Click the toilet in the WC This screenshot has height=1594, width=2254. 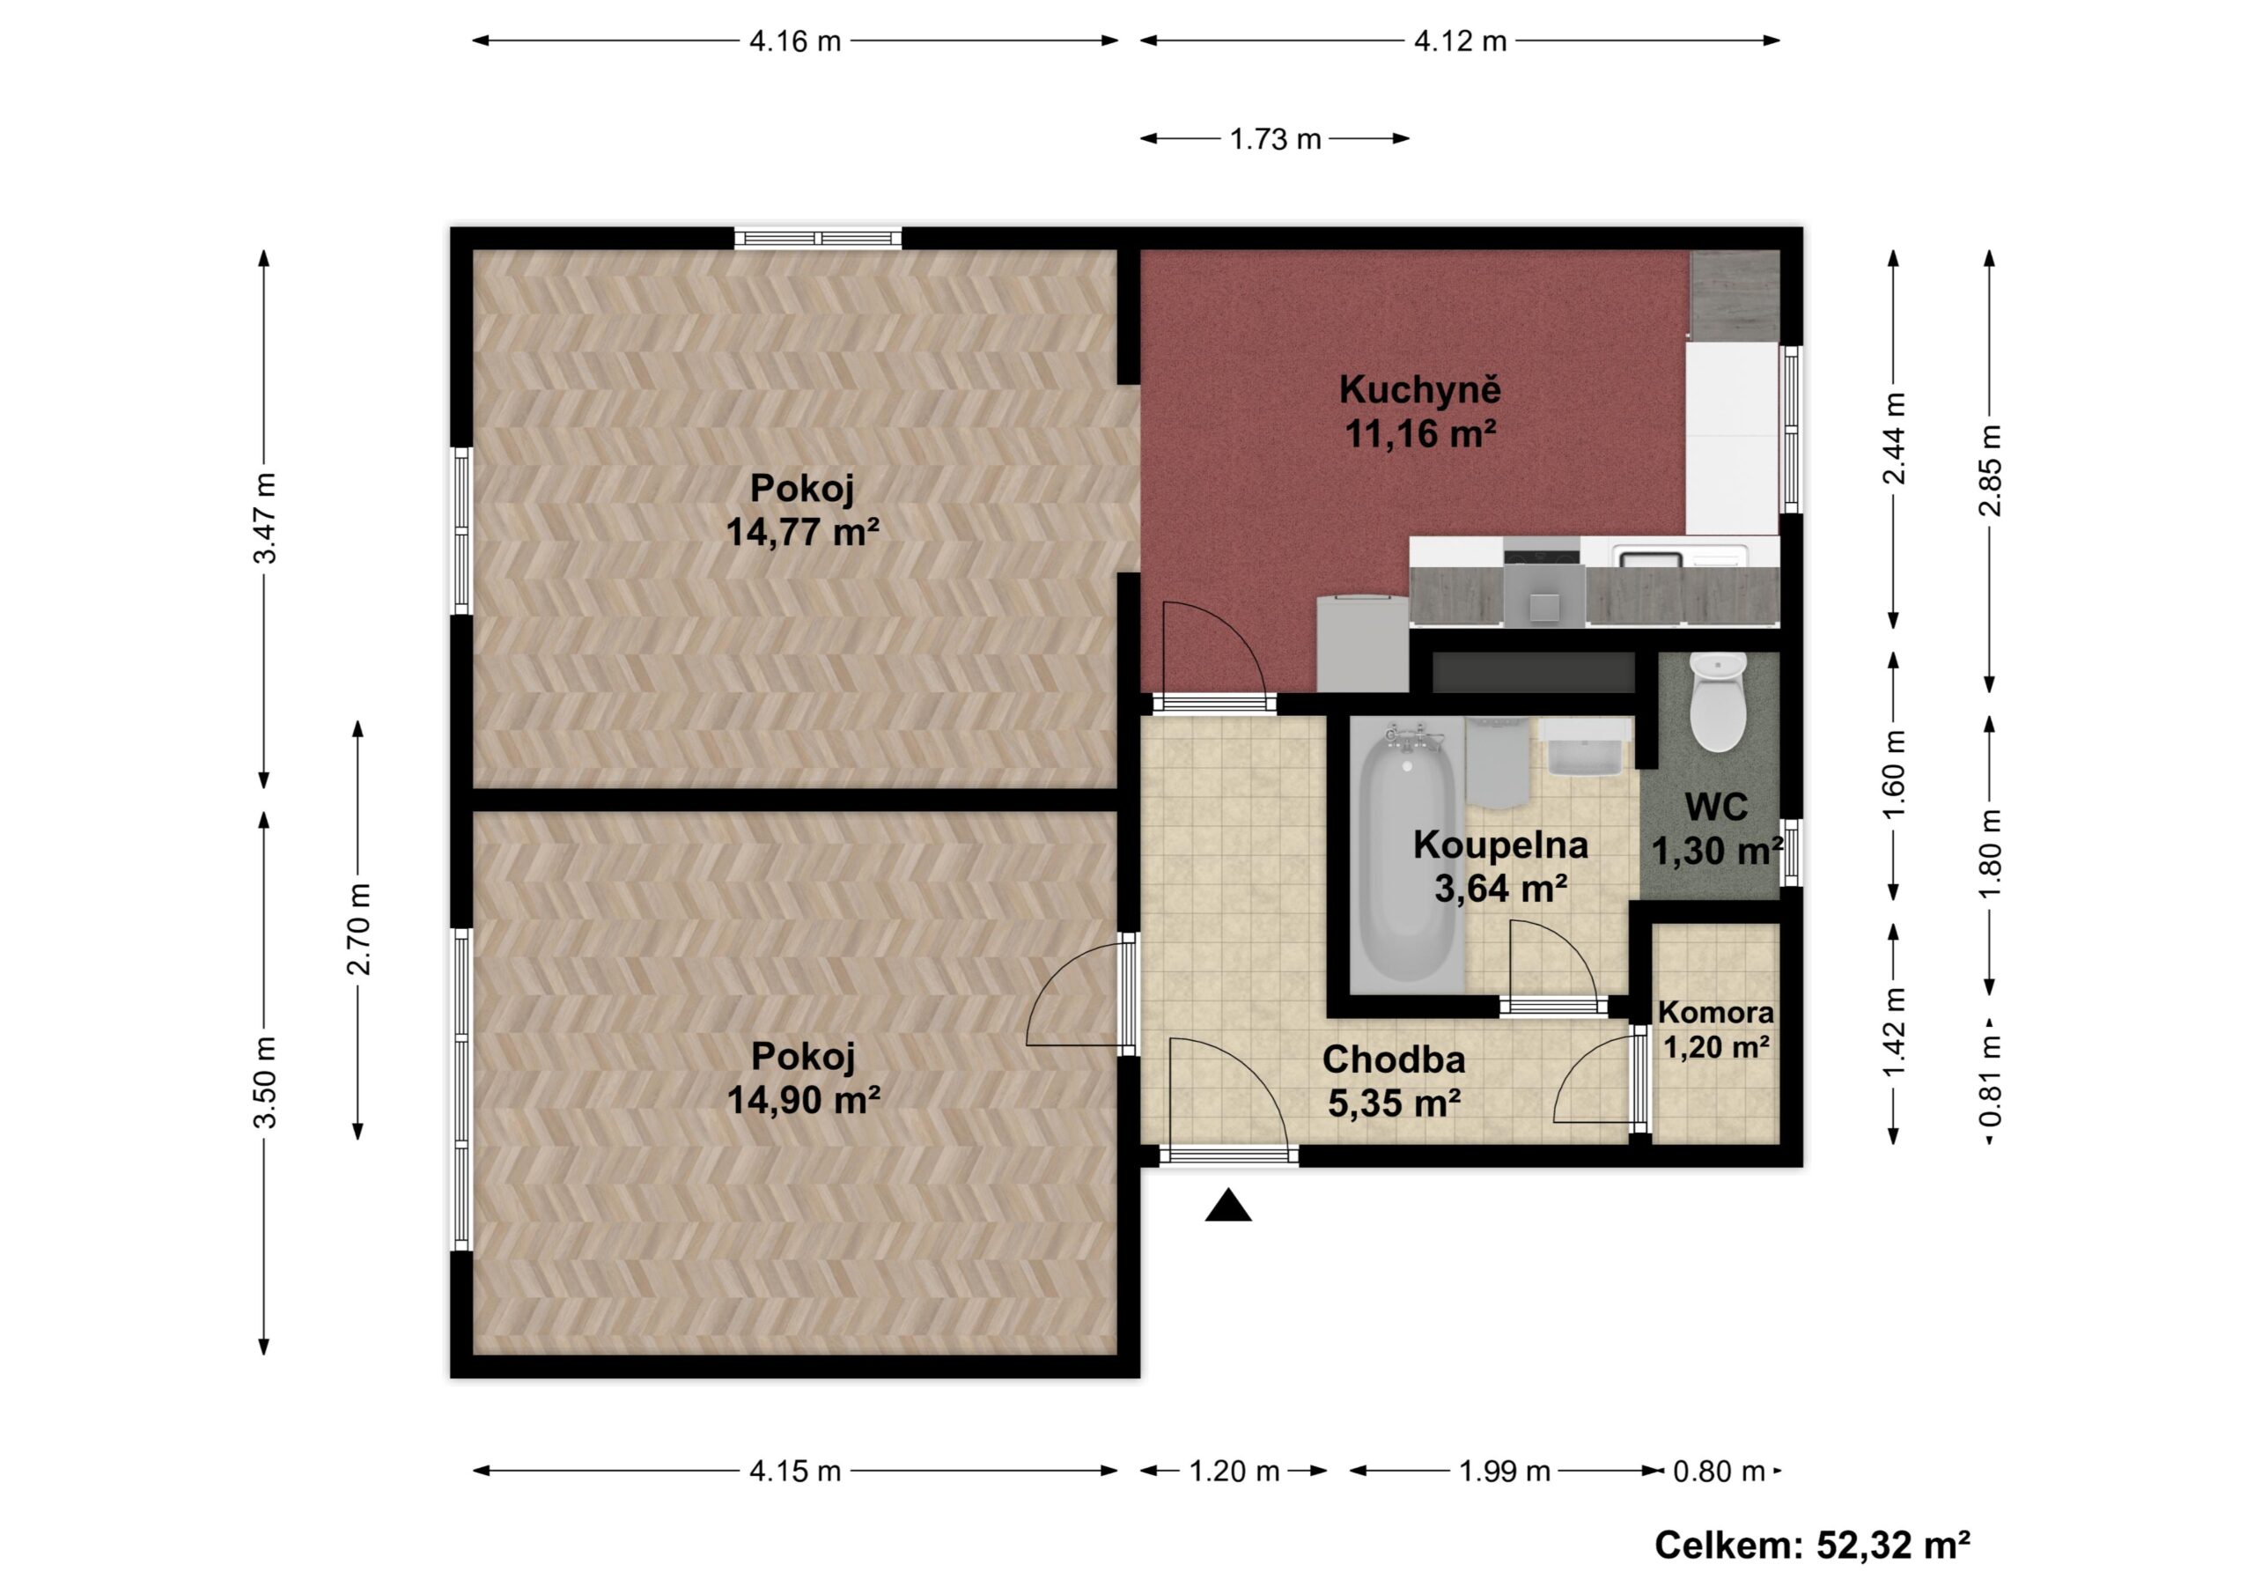pyautogui.click(x=1718, y=702)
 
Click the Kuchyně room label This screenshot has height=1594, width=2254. pyautogui.click(x=1419, y=389)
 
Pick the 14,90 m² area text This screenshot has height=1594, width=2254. pyautogui.click(x=802, y=1100)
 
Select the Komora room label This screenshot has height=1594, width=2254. pyautogui.click(x=1716, y=1012)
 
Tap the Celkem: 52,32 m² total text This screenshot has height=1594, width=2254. pyautogui.click(x=1812, y=1545)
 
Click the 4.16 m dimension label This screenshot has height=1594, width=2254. pyautogui.click(x=795, y=41)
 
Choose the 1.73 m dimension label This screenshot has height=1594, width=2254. pyautogui.click(x=1275, y=139)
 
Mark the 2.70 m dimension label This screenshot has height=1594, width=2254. pyautogui.click(x=358, y=928)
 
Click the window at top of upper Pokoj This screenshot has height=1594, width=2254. pyautogui.click(x=819, y=237)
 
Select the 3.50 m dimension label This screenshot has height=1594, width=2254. pyautogui.click(x=264, y=1081)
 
